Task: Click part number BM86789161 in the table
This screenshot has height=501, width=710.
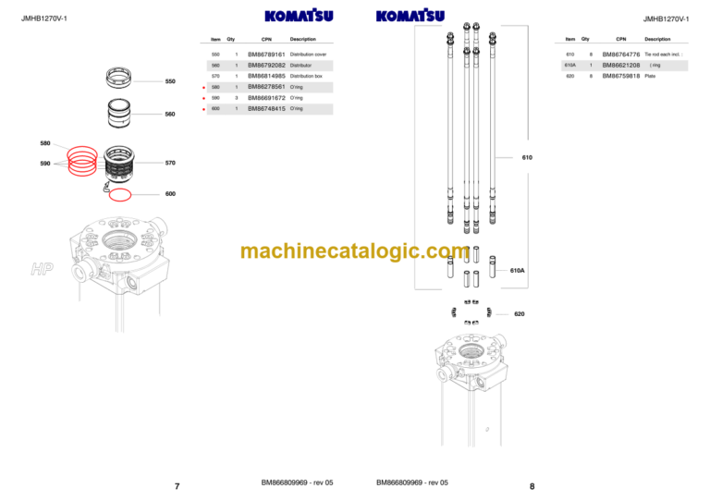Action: (266, 55)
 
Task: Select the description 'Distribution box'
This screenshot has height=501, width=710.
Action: (306, 77)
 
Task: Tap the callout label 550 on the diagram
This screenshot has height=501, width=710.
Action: (170, 82)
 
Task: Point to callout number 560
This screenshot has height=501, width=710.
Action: (170, 115)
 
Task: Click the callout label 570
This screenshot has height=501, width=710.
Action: (170, 164)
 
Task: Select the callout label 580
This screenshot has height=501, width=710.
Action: (45, 143)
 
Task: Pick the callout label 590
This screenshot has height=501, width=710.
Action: (45, 164)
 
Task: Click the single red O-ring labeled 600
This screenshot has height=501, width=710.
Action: (120, 194)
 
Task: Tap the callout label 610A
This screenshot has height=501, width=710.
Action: (518, 271)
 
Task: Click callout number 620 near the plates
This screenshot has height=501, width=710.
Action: (520, 314)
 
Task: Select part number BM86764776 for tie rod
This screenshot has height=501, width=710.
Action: (621, 55)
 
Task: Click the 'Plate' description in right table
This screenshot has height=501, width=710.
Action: (650, 77)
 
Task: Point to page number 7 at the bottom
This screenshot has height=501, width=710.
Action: (177, 486)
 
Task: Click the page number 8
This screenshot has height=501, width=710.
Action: (532, 486)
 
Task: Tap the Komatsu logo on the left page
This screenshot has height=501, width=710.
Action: (299, 16)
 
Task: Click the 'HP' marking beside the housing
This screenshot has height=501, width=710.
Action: (42, 269)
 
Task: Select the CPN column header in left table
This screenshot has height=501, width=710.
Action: (266, 40)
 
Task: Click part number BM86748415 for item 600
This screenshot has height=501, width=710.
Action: (266, 109)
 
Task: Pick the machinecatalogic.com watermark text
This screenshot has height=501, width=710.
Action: (355, 251)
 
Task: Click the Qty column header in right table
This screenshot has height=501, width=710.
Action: (585, 40)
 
